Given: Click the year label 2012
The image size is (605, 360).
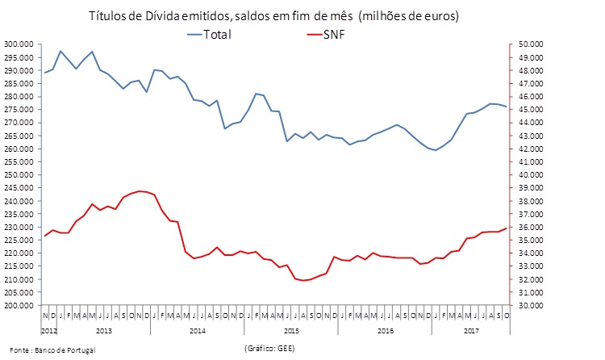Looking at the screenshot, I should (x=48, y=330).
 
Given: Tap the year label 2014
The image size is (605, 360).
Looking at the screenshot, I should (x=197, y=330).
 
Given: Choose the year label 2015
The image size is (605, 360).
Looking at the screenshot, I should (x=291, y=330).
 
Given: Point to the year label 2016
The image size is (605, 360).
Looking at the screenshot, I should (x=386, y=330).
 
